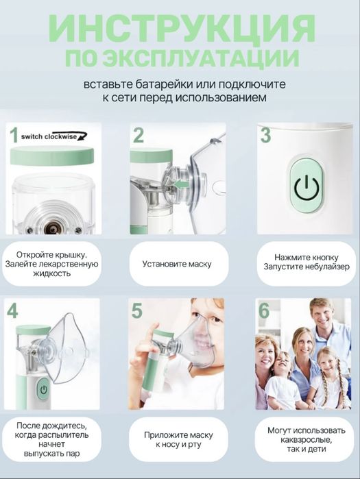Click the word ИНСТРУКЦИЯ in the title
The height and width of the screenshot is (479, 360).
[x=182, y=28]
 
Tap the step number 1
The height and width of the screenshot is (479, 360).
[x=14, y=135]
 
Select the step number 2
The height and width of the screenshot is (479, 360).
[x=139, y=135]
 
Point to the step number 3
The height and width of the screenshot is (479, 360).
[x=265, y=135]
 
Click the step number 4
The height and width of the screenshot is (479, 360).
[x=12, y=310]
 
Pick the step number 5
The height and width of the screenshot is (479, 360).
[x=137, y=310]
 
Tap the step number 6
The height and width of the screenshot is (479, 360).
[x=264, y=310]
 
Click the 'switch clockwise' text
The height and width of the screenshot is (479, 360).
[x=49, y=136]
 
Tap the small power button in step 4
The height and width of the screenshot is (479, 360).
[x=44, y=389]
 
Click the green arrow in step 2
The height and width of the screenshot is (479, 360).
[x=180, y=184]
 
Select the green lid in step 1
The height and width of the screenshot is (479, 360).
[x=53, y=156]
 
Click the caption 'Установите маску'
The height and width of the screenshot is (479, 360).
[x=177, y=264]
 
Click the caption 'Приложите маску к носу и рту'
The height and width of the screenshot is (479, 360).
[x=178, y=439]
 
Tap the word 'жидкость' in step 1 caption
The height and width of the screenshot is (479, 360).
[x=52, y=273]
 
